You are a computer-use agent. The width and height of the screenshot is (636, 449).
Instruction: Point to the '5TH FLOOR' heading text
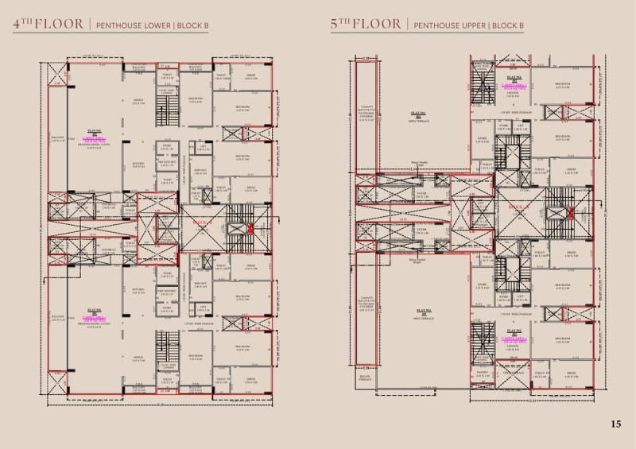(366, 25)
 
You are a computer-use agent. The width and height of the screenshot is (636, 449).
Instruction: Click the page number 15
(616, 424)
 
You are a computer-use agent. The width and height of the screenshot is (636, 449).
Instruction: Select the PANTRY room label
(482, 372)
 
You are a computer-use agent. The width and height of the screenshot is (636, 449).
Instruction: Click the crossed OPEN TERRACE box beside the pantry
(513, 373)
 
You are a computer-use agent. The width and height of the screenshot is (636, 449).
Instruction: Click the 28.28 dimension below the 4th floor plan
(161, 404)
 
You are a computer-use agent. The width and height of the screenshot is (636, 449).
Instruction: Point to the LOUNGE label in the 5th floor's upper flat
(513, 92)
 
